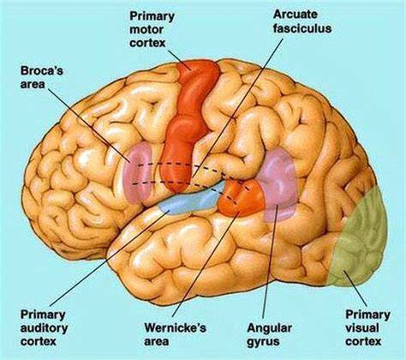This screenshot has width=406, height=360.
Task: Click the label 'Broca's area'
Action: click(x=42, y=77)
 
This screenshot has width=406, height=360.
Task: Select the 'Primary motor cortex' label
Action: click(x=152, y=29)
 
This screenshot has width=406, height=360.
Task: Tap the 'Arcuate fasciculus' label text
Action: click(x=302, y=21)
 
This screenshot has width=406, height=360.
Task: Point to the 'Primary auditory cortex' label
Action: click(x=44, y=328)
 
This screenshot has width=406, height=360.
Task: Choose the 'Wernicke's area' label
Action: click(x=175, y=334)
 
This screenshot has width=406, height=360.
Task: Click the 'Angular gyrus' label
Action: click(x=270, y=334)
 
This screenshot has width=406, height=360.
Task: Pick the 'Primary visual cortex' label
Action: click(x=367, y=328)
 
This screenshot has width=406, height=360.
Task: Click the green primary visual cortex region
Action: click(x=361, y=237)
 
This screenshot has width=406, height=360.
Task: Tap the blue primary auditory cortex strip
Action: click(x=194, y=200)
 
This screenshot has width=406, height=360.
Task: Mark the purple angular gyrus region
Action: click(x=278, y=186)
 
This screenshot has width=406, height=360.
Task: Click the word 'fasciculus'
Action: click(x=302, y=28)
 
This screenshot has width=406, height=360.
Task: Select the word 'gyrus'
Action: click(x=263, y=341)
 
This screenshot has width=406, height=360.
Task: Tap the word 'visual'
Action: click(x=362, y=328)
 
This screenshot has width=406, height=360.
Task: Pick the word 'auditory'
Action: click(x=44, y=328)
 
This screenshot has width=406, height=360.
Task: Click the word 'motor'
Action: click(x=146, y=30)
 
